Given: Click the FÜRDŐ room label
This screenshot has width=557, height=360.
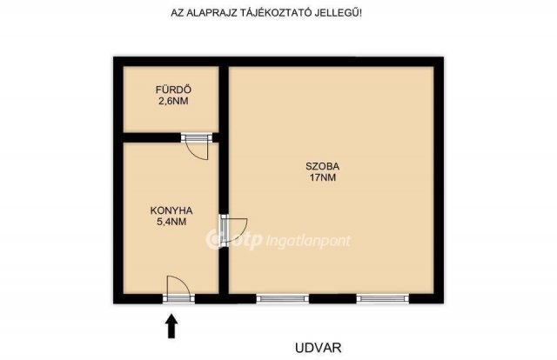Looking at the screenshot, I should pyautogui.click(x=173, y=90).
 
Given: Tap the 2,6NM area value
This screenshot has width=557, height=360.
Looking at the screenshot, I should pyautogui.click(x=173, y=101).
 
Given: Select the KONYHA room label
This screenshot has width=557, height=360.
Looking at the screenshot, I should pyautogui.click(x=171, y=210).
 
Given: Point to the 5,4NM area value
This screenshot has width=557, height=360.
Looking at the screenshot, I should pyautogui.click(x=171, y=222).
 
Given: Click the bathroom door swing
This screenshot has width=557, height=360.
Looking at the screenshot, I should pyautogui.click(x=199, y=149).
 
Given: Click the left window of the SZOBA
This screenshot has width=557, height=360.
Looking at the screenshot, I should pyautogui.click(x=283, y=298).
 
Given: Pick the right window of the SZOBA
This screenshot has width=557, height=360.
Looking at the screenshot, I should pyautogui.click(x=383, y=298).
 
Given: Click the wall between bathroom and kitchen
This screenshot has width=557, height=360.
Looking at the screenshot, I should pyautogui.click(x=151, y=137).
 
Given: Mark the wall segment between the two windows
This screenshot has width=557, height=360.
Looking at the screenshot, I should pyautogui.click(x=333, y=298).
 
